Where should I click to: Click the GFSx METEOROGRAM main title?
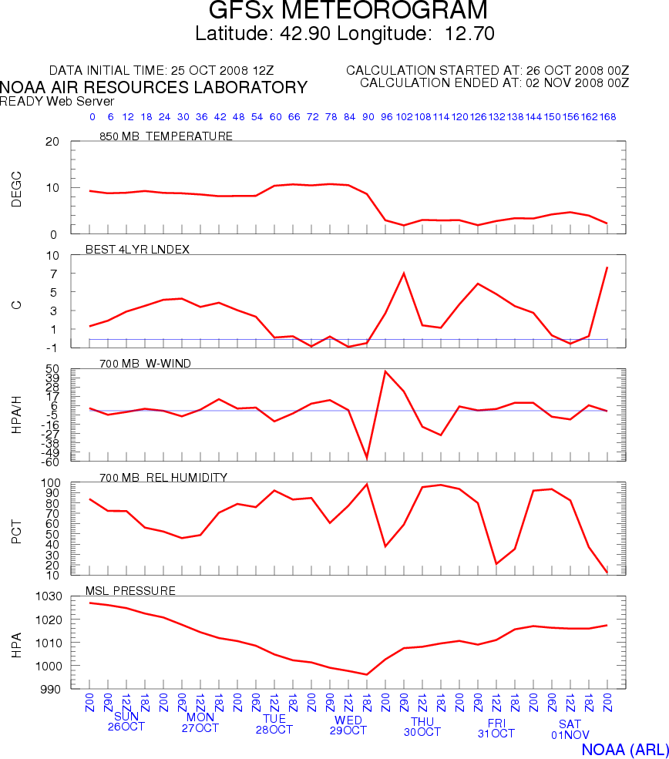pos(348,11)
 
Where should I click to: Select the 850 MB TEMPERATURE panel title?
pos(166,136)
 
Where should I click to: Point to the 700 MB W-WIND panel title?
pos(146,362)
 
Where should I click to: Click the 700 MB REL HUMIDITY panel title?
pos(163,478)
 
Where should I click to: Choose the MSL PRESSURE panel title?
pos(135,591)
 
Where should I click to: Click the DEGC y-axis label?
pos(16,188)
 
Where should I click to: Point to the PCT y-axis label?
pos(16,529)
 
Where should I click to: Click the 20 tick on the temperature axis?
pos(52,142)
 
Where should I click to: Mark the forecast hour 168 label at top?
pos(607,117)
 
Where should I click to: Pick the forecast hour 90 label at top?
pos(368,117)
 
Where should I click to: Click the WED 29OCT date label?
pos(348,725)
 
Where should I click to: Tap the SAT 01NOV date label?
pos(570,729)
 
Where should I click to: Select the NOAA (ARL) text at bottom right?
pos(621,749)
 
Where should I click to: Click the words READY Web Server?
pos(57,101)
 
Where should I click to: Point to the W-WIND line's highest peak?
pos(385,371)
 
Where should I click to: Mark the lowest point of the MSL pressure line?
pos(367,675)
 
